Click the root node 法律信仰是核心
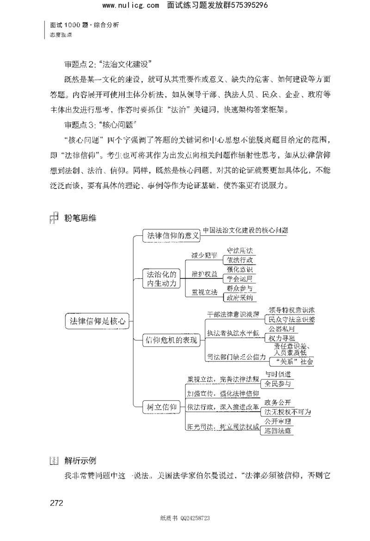pos(95,320)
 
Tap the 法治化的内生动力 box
pos(161,278)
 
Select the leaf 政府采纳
pos(239,297)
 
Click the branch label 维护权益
pos(203,274)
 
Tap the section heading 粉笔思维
pos(80,217)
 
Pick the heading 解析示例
pos(80,461)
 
